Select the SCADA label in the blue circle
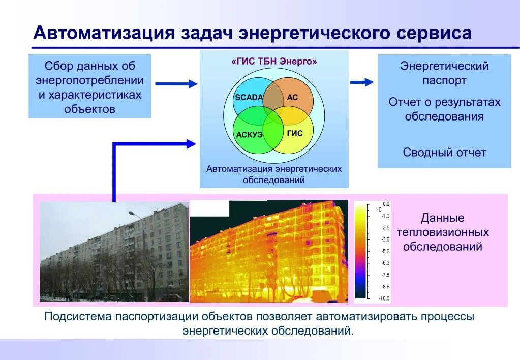tap(249, 97)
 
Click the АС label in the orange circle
tap(292, 97)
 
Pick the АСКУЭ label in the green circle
tap(249, 134)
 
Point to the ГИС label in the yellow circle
tap(294, 133)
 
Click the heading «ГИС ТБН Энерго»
tap(274, 62)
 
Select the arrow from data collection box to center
tap(175, 83)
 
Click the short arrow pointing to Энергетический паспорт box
tap(362, 82)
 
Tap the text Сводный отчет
tap(444, 153)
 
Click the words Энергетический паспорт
tap(444, 73)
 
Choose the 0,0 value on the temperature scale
tap(386, 204)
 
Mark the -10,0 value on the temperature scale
tap(384, 298)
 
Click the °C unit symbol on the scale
tap(379, 209)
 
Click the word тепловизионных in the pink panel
tap(443, 232)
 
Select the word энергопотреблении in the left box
tap(89, 80)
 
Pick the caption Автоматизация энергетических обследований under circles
tap(274, 174)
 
